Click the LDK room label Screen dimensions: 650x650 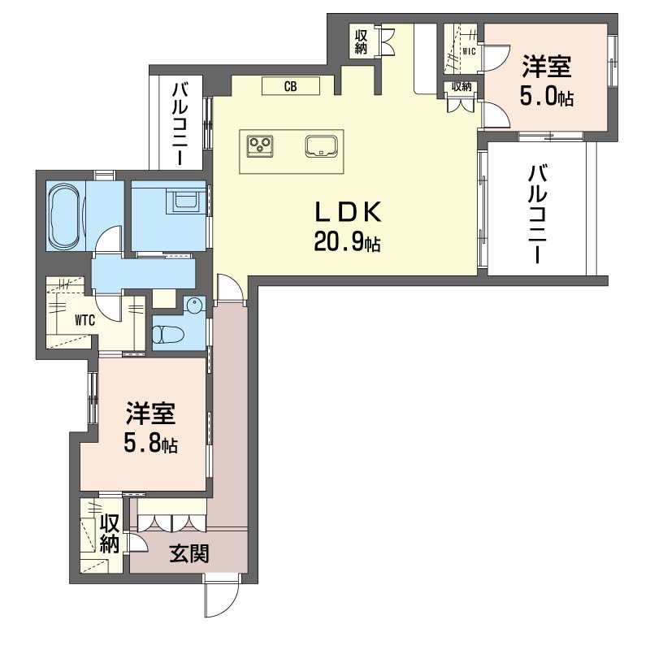coord(348,213)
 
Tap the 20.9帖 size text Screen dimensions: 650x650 coord(348,241)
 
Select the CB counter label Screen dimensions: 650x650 coord(290,87)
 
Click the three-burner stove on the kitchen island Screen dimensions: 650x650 coord(260,146)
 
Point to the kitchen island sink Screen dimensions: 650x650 coord(322,146)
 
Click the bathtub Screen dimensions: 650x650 coord(65,215)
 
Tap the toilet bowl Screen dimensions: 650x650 coord(168,334)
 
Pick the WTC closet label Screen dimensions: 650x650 coord(85,320)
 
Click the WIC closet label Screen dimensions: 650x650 coord(469,52)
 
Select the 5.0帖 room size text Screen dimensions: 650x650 coord(547,97)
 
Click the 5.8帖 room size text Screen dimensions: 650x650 coord(150,444)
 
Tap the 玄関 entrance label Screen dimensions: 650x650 coord(189,553)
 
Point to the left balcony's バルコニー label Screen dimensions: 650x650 coord(180,123)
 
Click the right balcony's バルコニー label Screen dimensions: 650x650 coord(537,214)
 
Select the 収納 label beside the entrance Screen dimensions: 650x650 coord(110,534)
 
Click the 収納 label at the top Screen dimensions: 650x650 coord(361,41)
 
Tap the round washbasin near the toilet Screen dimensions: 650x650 coord(194,306)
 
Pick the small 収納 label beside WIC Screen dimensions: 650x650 coord(461,87)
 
